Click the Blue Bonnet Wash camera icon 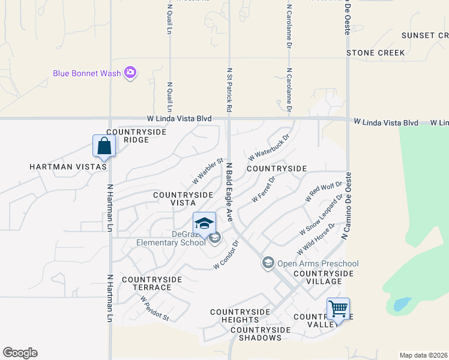tap(130, 73)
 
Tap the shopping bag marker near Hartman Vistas tap(104, 146)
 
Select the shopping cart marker tap(338, 310)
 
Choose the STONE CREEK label tap(376, 53)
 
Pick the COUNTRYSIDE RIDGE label tap(127, 136)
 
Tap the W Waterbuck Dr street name tap(268, 147)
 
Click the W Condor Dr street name tap(227, 255)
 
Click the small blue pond tap(402, 304)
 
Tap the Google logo tap(20, 353)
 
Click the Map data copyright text tap(424, 355)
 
